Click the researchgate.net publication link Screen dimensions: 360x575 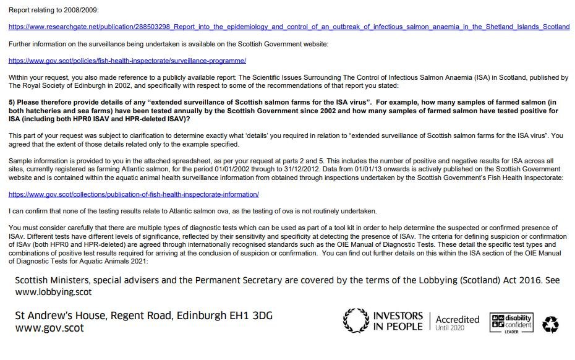point(289,27)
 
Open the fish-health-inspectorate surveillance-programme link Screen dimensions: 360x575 point(127,61)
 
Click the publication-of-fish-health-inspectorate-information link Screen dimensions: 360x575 point(134,194)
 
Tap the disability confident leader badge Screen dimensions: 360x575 point(511,322)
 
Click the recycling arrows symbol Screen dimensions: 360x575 point(550,324)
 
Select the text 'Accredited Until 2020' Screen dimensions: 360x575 point(457,322)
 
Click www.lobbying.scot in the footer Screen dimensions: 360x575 point(53,292)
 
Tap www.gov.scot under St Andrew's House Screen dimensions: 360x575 point(49,328)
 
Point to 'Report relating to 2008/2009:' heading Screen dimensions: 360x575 point(53,11)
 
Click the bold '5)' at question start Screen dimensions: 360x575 point(12,102)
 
